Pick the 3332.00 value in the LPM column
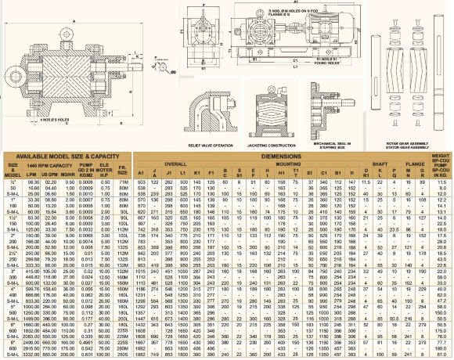pyautogui.click(x=33, y=353)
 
